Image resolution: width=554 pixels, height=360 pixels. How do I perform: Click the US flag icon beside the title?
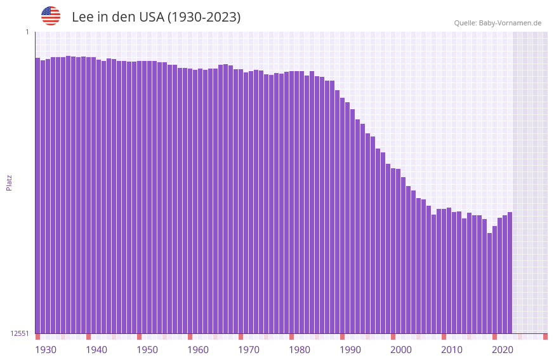(51, 16)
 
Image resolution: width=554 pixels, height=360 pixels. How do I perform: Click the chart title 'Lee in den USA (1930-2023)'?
(156, 17)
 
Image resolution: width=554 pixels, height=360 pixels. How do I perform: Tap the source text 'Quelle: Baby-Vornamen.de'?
(498, 23)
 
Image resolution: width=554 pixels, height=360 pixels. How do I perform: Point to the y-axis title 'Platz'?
(9, 183)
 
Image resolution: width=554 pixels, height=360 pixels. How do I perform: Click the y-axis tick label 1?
(27, 32)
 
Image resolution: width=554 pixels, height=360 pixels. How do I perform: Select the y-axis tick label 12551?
(20, 333)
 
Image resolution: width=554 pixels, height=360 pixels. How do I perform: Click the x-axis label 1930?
(46, 350)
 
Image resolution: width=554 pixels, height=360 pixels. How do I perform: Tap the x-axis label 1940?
(96, 350)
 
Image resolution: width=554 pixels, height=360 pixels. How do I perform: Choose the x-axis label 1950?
(147, 350)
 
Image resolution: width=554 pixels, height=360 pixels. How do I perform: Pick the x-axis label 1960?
(198, 350)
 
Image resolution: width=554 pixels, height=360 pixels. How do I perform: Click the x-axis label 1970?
(249, 350)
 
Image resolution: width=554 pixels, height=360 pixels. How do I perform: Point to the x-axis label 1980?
(300, 350)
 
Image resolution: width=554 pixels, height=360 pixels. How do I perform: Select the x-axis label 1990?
(350, 350)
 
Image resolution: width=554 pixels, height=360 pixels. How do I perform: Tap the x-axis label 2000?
(401, 350)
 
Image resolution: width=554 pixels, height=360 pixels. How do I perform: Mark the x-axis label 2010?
(452, 350)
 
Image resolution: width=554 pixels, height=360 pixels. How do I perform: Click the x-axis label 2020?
(503, 350)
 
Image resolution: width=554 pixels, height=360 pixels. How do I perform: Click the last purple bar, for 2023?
(510, 273)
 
